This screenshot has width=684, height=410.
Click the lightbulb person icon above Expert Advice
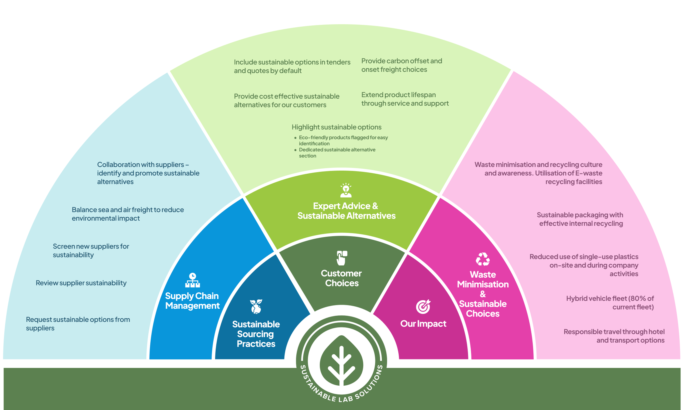click(x=346, y=190)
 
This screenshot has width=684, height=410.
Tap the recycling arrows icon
click(x=483, y=259)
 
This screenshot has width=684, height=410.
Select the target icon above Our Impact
click(x=423, y=306)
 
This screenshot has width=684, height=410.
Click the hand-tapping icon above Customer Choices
click(x=342, y=258)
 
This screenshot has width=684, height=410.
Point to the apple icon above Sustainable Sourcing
click(x=256, y=306)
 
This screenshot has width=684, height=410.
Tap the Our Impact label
click(x=423, y=324)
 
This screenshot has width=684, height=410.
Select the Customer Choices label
click(x=341, y=278)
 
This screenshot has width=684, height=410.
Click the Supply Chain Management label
click(x=192, y=301)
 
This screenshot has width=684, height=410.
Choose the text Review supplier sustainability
click(x=81, y=283)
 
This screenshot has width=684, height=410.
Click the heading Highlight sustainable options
click(x=336, y=127)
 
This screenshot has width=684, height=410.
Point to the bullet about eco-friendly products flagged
click(x=343, y=140)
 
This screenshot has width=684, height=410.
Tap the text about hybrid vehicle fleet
click(x=610, y=302)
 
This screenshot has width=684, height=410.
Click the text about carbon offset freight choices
click(x=401, y=65)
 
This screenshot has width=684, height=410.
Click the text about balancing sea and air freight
click(x=128, y=214)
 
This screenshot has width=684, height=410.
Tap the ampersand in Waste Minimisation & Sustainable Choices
click(x=483, y=294)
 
